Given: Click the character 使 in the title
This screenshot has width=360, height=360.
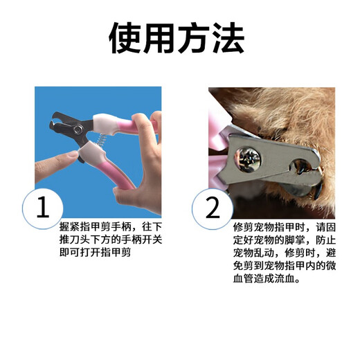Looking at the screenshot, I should (127, 38).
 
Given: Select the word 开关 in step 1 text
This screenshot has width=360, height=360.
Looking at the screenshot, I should (154, 240).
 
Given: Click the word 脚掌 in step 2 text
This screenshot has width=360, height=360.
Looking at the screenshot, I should (289, 240).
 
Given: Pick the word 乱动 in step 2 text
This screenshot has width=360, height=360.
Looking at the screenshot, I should (262, 253).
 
